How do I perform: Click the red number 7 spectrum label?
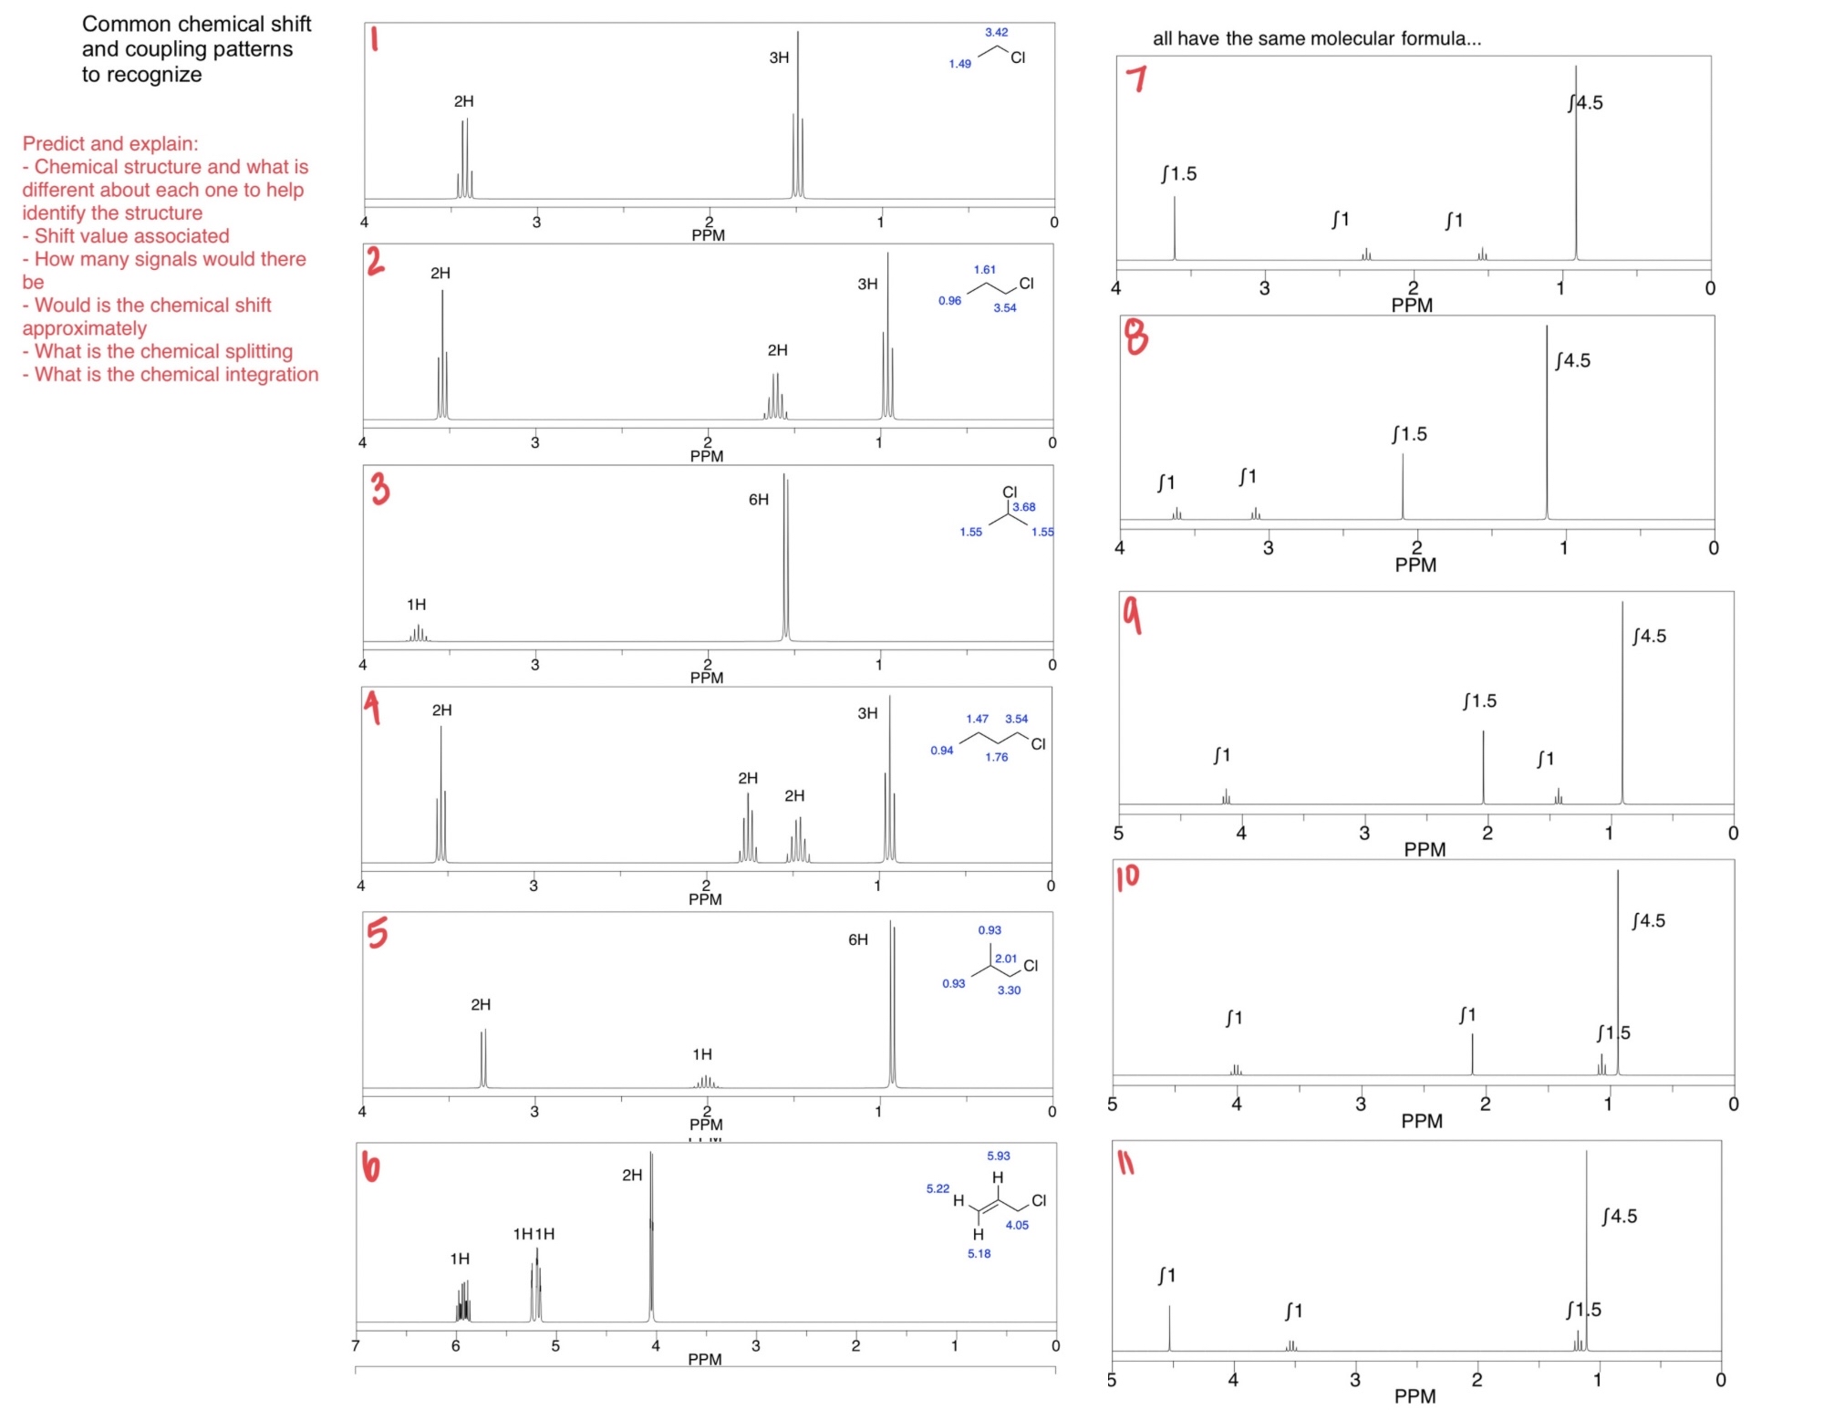click(x=1136, y=79)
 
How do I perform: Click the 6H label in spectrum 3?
click(x=759, y=500)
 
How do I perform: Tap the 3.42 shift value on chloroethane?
click(x=996, y=32)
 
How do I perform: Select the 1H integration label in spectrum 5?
click(x=702, y=1054)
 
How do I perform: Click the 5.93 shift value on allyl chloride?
click(x=998, y=1156)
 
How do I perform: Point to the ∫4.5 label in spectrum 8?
click(x=1572, y=361)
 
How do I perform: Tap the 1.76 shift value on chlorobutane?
click(x=996, y=757)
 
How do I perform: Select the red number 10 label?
click(x=1128, y=876)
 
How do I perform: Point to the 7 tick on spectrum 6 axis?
click(x=356, y=1345)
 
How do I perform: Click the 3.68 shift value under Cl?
click(x=1024, y=507)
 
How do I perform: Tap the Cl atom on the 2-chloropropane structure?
click(x=1010, y=492)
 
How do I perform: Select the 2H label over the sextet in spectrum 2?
click(x=777, y=350)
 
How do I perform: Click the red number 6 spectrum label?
click(x=370, y=1166)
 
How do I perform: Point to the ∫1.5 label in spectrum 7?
click(x=1178, y=174)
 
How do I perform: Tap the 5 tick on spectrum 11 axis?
click(x=1112, y=1380)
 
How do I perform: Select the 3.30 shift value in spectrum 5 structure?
click(x=1009, y=990)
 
